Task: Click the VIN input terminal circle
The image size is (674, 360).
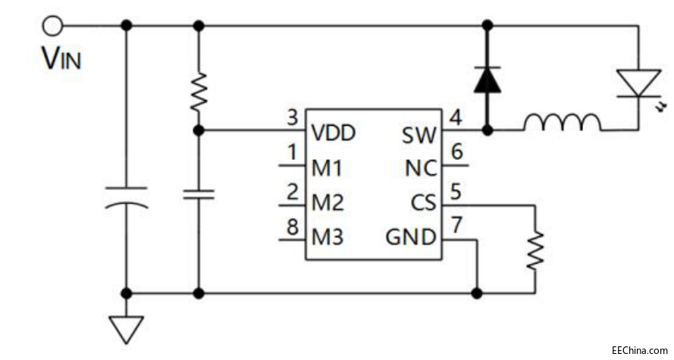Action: tap(52, 26)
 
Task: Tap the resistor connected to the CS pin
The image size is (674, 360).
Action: tap(535, 248)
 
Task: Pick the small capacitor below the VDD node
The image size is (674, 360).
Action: tap(199, 195)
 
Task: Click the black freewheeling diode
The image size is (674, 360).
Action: tap(486, 80)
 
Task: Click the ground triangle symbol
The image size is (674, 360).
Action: tap(126, 328)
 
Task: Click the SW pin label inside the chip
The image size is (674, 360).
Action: tap(419, 136)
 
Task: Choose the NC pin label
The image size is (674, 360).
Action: tap(419, 169)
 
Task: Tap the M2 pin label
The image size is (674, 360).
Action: tap(328, 203)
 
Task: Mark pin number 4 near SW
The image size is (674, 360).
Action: tap(454, 117)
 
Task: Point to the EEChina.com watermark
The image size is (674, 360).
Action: tap(639, 350)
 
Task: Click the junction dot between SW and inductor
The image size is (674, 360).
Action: tap(486, 130)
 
